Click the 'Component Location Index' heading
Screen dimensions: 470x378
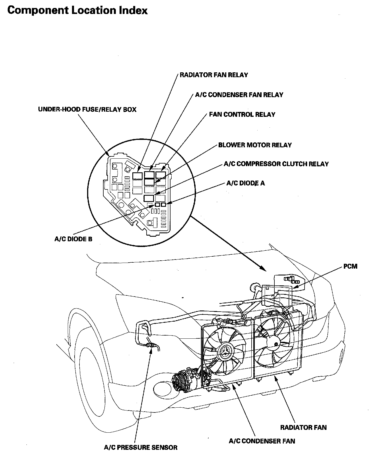click(x=77, y=11)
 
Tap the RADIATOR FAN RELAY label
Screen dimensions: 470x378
click(x=214, y=75)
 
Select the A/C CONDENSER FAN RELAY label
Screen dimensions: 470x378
click(x=239, y=95)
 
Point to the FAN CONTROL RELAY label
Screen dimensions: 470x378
click(x=242, y=115)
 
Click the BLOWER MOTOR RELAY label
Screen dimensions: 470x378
click(x=255, y=145)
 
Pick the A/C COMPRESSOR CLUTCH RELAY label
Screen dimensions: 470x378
click(x=276, y=164)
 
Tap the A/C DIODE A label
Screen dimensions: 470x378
click(x=245, y=183)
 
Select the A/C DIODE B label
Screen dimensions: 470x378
click(x=73, y=239)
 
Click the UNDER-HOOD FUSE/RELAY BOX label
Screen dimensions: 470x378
click(x=87, y=109)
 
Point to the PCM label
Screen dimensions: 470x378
click(x=350, y=267)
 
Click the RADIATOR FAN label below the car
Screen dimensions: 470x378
click(x=303, y=427)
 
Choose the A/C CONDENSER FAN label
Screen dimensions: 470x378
click(x=262, y=441)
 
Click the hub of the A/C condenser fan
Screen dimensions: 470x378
click(x=225, y=353)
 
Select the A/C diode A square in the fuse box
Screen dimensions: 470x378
click(x=163, y=205)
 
